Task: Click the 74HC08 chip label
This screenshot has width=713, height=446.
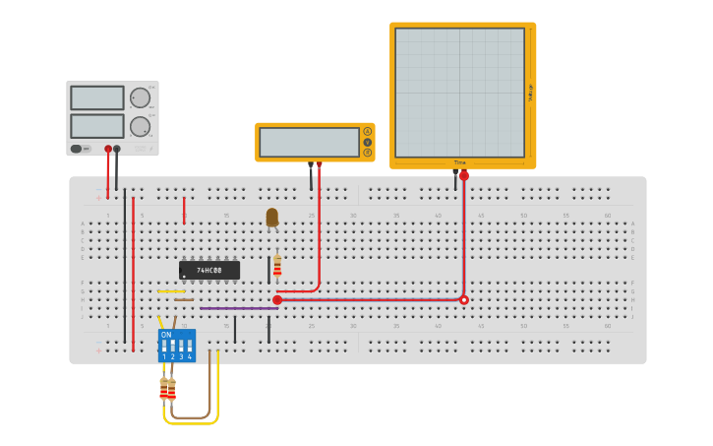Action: pyautogui.click(x=208, y=270)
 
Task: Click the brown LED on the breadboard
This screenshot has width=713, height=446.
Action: pyautogui.click(x=272, y=218)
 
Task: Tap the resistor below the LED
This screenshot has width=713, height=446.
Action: pyautogui.click(x=277, y=266)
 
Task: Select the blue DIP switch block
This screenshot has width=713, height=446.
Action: pyautogui.click(x=177, y=346)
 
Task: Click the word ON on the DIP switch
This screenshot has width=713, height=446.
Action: pyautogui.click(x=165, y=335)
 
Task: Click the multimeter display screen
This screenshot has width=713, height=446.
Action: pyautogui.click(x=309, y=142)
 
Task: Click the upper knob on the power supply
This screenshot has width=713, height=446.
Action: pyautogui.click(x=140, y=97)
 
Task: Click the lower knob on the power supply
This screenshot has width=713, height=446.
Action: pyautogui.click(x=140, y=126)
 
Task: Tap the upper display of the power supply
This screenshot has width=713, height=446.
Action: pyautogui.click(x=97, y=97)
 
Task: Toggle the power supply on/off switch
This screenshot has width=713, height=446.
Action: pyautogui.click(x=77, y=149)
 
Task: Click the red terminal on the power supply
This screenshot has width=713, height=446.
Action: pyautogui.click(x=108, y=150)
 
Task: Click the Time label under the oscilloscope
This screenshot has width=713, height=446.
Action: pyautogui.click(x=459, y=162)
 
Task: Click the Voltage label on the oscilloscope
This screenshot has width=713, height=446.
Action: pyautogui.click(x=530, y=93)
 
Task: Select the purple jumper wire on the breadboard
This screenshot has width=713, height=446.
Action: pyautogui.click(x=238, y=308)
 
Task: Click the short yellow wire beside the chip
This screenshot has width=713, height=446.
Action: pyautogui.click(x=170, y=291)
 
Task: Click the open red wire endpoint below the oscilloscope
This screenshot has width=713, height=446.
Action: pyautogui.click(x=464, y=300)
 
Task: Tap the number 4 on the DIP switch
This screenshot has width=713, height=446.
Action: pyautogui.click(x=190, y=356)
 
